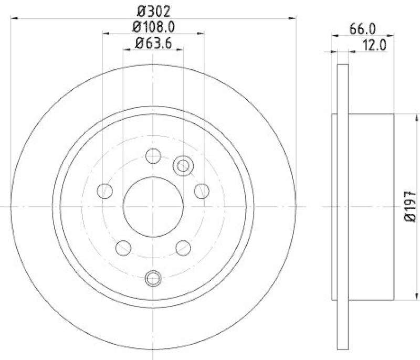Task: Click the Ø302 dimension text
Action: [153, 10]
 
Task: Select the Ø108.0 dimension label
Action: [153, 26]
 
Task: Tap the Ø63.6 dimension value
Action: [153, 43]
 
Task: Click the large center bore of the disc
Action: [153, 206]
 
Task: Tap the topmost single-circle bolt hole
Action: [153, 155]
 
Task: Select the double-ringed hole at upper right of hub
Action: [183, 166]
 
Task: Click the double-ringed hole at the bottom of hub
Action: [153, 278]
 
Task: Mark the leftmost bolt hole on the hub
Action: [105, 190]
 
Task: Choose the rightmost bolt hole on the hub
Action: [202, 190]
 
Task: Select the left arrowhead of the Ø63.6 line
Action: [125, 50]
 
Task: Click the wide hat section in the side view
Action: [370, 206]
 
